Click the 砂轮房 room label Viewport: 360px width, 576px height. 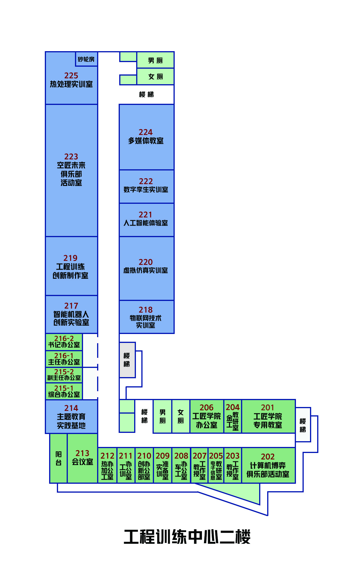point(86,59)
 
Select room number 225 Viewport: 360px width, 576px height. point(71,76)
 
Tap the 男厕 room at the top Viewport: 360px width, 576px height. point(155,60)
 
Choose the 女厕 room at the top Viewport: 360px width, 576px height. point(155,76)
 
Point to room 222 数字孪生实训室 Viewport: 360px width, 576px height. point(147,186)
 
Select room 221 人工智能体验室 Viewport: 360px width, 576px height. point(147,220)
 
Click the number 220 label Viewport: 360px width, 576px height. point(146,262)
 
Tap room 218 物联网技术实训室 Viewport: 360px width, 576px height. point(147,317)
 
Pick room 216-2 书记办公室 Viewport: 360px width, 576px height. point(64,342)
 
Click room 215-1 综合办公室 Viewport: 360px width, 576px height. point(64,391)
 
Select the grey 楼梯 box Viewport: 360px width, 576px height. point(127,360)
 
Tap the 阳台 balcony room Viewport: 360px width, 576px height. point(59,458)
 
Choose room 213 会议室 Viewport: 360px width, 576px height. point(82,458)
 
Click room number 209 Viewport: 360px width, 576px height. point(163,456)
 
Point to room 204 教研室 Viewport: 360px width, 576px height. point(233,416)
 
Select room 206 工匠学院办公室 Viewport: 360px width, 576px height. point(207,416)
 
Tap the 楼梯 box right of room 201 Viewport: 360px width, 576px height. point(303,425)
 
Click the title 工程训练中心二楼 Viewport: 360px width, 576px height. point(187,537)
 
